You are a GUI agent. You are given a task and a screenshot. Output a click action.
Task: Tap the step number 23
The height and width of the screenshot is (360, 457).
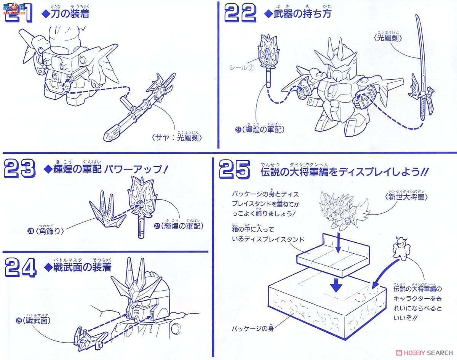[19, 169]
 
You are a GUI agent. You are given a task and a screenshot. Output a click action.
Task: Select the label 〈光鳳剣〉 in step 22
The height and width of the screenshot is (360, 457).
[388, 38]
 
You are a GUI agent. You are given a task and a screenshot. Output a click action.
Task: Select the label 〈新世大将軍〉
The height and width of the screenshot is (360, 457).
[407, 197]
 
